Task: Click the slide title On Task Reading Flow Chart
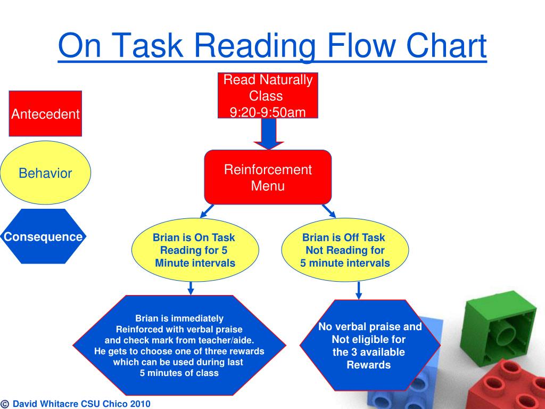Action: point(272,46)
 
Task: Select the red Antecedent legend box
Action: point(45,114)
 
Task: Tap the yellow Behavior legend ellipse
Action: point(45,173)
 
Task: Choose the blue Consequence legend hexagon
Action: point(43,237)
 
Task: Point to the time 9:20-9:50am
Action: point(268,112)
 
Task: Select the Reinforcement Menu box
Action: point(268,177)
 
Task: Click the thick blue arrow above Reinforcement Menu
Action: point(269,134)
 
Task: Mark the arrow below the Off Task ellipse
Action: point(359,290)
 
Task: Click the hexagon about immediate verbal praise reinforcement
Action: point(179,345)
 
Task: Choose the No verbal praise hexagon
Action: point(369,346)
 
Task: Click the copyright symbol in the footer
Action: point(5,404)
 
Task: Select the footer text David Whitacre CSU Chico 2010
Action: point(81,404)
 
